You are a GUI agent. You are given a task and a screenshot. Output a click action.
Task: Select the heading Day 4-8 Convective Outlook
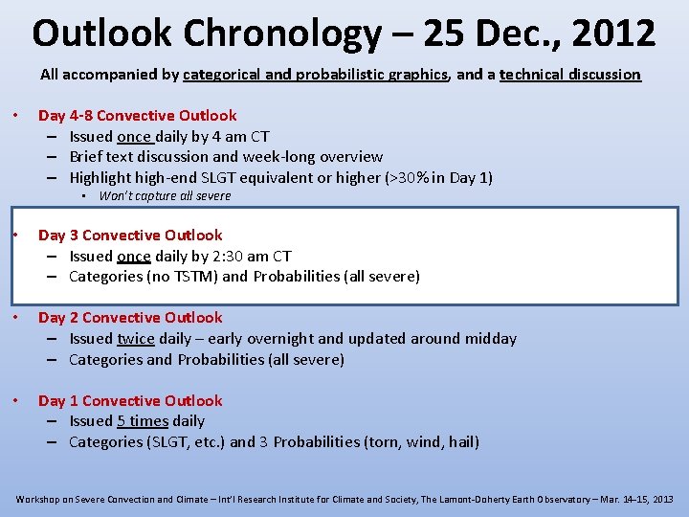point(137,115)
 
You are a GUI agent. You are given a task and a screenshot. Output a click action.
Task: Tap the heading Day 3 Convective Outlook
point(130,235)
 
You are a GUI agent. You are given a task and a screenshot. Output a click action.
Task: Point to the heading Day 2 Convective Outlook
point(130,317)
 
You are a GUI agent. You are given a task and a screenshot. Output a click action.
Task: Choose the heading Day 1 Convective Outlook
point(130,400)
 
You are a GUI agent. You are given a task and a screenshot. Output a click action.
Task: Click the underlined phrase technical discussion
point(569,74)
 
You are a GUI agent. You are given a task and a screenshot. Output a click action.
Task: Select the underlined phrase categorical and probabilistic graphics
point(315,74)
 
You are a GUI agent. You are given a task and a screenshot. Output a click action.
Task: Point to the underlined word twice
point(135,338)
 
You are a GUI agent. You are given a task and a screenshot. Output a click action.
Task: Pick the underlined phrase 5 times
point(143,420)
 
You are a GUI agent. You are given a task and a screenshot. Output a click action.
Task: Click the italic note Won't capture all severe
point(165,195)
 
